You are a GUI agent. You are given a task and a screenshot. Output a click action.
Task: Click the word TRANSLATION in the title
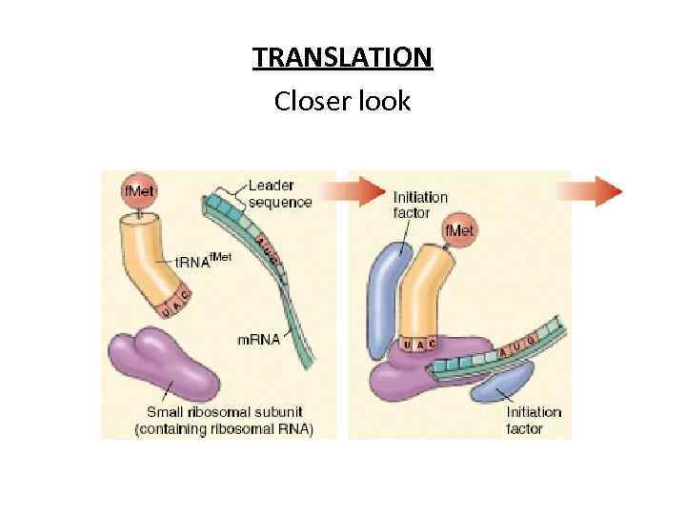(342, 58)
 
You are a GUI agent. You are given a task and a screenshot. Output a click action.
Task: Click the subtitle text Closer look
(342, 100)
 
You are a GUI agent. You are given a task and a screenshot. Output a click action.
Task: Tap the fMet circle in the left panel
(140, 191)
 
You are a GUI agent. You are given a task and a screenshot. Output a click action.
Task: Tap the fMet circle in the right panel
(460, 231)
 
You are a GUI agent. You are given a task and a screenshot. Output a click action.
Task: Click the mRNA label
(259, 339)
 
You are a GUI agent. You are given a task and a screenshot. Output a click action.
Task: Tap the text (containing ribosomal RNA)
(223, 429)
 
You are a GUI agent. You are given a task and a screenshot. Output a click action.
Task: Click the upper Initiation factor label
(419, 205)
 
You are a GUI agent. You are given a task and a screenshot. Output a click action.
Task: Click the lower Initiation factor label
(533, 420)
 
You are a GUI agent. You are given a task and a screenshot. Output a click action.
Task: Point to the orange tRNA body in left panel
(152, 257)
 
